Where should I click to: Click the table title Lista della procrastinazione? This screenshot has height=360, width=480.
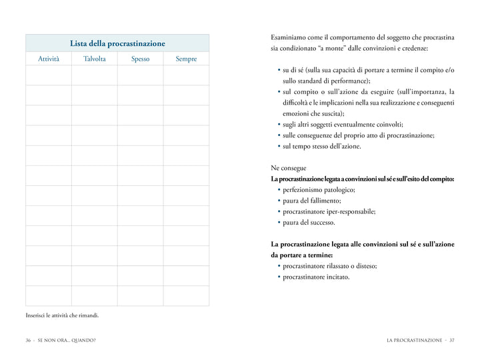pos(117,43)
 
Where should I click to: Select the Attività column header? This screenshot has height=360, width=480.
pos(49,59)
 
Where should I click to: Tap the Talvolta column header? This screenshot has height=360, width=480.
pos(94,59)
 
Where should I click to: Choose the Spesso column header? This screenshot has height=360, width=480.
pos(140,59)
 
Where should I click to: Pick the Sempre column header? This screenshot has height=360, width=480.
pos(186,59)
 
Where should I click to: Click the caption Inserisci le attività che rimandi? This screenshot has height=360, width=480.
pos(62,315)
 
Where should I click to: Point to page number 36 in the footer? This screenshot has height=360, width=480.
pos(29,340)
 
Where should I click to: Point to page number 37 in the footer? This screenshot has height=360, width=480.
pos(451,340)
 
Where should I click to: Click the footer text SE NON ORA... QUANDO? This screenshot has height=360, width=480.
pos(67,340)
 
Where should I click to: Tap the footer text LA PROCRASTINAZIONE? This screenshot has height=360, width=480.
pos(414,340)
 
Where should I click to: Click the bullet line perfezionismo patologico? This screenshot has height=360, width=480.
pos(319,190)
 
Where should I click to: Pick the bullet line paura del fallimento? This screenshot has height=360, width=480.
pos(312,201)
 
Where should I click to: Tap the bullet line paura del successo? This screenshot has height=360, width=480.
pos(309,222)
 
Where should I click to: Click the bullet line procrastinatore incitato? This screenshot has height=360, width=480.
pos(316,277)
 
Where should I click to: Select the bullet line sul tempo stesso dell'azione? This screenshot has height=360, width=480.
pos(322,146)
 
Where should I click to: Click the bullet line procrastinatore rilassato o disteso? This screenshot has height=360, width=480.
pos(329,266)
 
